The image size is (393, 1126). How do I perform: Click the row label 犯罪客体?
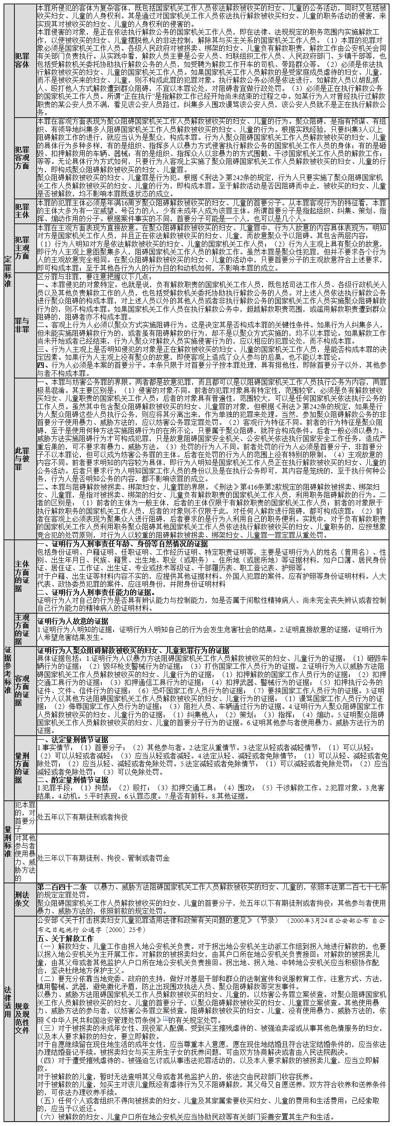coord(22,60)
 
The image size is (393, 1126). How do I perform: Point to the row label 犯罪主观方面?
coord(22,248)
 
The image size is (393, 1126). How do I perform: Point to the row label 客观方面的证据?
coord(22,690)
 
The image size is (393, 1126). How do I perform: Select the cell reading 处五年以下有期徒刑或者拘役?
coord(83,816)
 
